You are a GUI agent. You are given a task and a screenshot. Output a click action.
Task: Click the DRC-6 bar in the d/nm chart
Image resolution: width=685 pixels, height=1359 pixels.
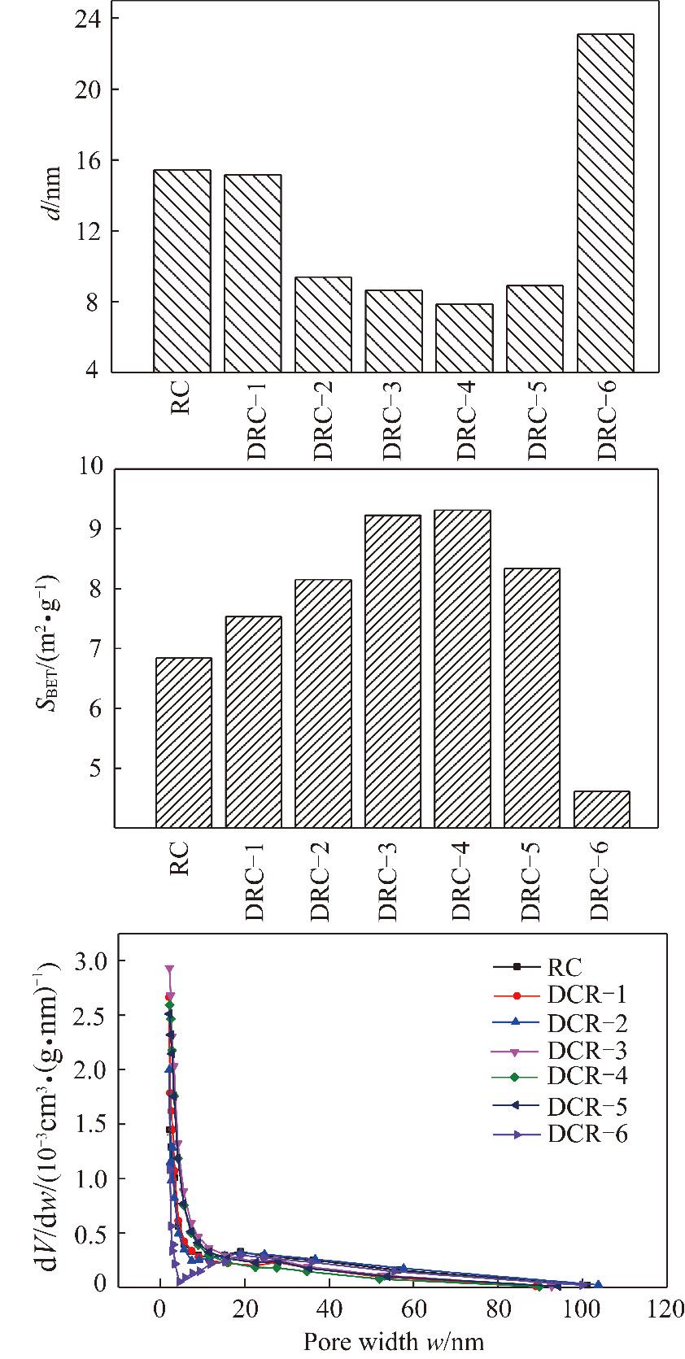coord(605,203)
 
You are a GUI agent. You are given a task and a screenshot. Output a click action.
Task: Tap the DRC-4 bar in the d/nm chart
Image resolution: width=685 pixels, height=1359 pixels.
coord(464,338)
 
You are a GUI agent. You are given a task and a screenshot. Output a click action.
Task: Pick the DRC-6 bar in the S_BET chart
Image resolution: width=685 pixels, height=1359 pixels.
coord(601,809)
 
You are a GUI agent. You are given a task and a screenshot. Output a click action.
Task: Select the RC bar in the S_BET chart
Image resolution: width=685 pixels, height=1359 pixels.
coord(183,743)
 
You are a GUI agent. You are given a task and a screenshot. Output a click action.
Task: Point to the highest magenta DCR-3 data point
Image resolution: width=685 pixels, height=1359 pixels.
coord(169,969)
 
